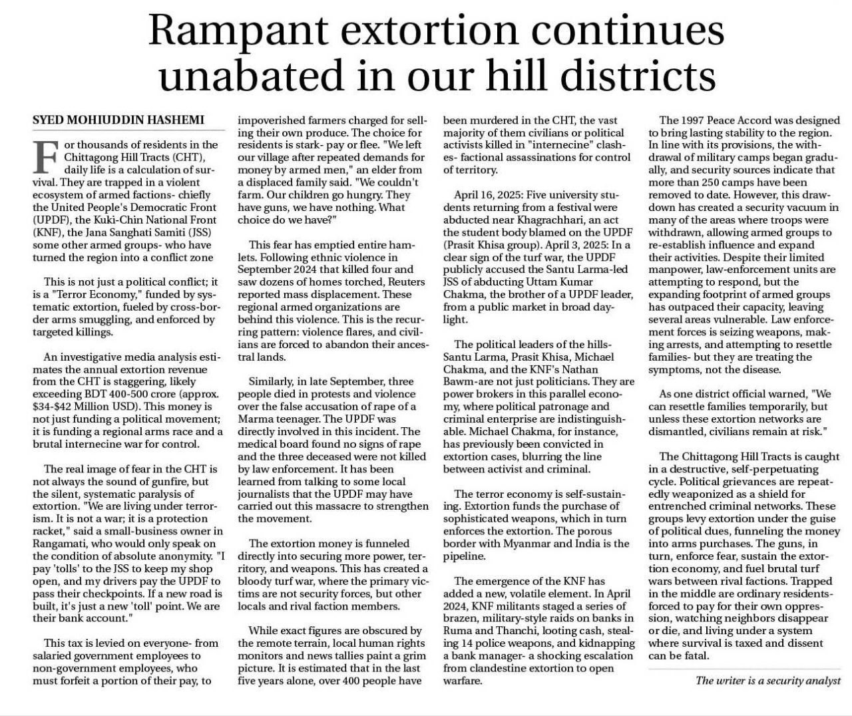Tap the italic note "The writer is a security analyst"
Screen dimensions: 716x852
pos(767,680)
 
